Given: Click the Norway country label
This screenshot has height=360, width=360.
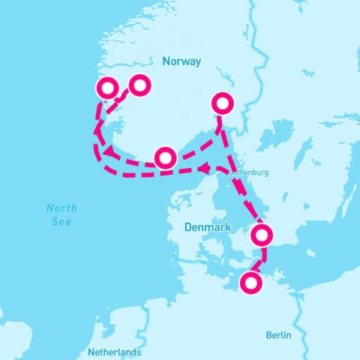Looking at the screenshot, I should (181, 62).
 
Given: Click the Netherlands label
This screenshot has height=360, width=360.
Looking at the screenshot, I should (114, 352).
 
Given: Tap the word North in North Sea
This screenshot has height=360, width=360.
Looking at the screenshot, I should (61, 208).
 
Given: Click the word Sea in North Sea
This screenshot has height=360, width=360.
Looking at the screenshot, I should (61, 221).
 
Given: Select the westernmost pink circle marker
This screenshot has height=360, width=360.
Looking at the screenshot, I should (108, 88).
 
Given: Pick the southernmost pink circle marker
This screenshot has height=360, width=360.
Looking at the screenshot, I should (250, 283).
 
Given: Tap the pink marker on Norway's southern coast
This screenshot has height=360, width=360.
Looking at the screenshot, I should (165, 157).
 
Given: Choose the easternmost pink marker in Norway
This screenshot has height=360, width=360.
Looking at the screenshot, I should (223, 103).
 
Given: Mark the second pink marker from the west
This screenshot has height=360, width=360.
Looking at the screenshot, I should (139, 85).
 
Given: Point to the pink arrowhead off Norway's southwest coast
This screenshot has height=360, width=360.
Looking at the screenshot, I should (109, 154).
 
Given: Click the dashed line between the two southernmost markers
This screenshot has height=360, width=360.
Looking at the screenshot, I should (256, 261).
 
